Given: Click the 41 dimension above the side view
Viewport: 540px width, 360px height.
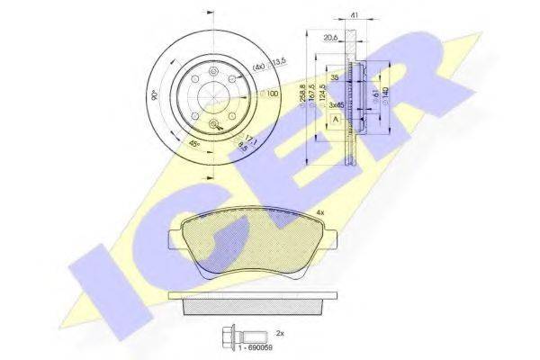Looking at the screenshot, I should coord(354,14).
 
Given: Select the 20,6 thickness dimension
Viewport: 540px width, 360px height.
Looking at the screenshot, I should coord(331,37).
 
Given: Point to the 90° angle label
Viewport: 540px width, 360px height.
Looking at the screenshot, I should coord(154,93).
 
